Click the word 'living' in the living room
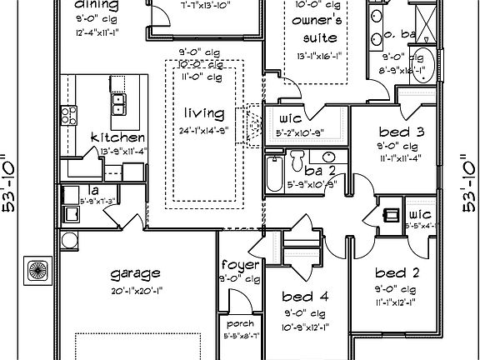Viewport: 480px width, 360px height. click(205, 113)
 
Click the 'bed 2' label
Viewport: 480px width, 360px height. click(390, 273)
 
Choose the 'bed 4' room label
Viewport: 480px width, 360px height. click(297, 297)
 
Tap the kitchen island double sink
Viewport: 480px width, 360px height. click(118, 102)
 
